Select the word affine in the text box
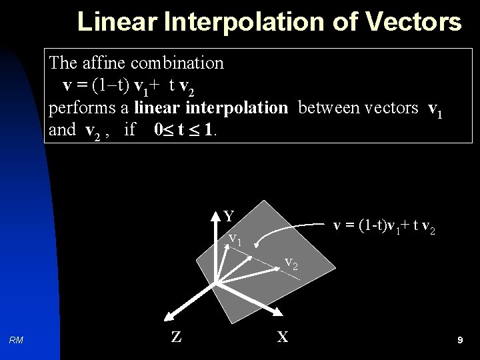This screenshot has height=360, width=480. click(x=105, y=63)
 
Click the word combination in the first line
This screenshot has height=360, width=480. click(x=177, y=63)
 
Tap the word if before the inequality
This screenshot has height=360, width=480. click(x=129, y=129)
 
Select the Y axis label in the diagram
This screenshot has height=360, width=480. click(x=229, y=216)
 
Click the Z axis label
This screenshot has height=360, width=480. click(x=175, y=337)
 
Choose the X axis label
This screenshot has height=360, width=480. click(x=283, y=337)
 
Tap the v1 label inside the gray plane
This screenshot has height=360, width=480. click(x=234, y=238)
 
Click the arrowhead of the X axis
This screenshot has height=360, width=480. click(x=275, y=313)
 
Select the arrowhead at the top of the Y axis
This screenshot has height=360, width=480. click(x=216, y=213)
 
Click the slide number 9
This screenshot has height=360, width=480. click(x=460, y=340)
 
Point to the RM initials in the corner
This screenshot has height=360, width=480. click(x=17, y=340)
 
